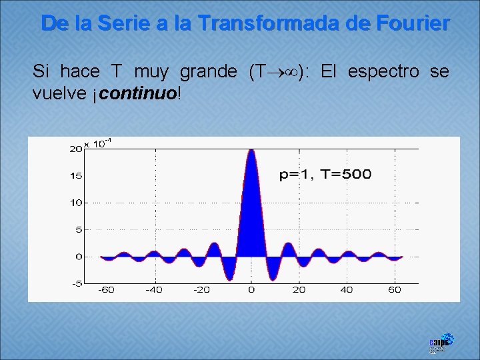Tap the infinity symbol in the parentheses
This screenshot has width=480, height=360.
coord(290,71)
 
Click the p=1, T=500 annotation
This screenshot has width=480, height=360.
coord(325,175)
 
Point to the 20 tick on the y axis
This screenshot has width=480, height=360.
coord(75,149)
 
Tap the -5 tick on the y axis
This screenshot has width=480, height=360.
coord(76,283)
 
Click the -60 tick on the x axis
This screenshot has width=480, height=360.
coord(106,290)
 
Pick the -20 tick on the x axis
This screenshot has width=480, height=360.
coord(202,290)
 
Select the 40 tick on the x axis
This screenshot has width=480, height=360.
coord(347,290)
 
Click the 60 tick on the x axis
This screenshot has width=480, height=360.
coord(395,290)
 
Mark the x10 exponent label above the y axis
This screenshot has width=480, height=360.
coord(97,143)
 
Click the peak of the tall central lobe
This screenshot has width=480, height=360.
coord(251,151)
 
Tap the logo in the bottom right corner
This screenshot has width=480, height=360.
coord(441,342)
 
